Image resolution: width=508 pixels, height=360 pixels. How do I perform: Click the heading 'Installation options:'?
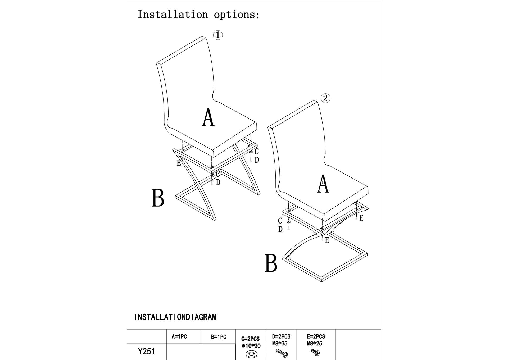198,14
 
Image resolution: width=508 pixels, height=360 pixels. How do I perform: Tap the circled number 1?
218,35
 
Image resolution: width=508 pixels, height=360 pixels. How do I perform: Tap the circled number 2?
325,98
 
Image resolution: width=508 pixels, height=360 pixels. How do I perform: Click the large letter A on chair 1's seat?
208,118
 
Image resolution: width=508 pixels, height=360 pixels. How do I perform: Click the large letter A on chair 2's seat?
323,184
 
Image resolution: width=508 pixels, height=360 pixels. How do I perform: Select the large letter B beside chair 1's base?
158,198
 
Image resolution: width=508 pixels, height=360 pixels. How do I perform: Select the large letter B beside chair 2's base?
271,263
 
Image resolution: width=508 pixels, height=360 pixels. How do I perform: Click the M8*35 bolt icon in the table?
282,353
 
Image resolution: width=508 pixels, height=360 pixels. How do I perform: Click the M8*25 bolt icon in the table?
315,353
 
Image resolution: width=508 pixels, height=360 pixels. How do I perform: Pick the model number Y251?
146,352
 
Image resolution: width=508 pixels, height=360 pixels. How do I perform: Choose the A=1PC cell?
179,337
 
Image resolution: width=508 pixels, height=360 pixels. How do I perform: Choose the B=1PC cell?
219,337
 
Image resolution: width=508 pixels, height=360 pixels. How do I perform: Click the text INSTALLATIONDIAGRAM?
175,317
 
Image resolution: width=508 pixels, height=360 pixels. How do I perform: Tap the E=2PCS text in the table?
316,337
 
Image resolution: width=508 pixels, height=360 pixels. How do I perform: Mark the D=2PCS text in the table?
281,337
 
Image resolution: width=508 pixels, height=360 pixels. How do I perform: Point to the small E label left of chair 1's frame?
179,163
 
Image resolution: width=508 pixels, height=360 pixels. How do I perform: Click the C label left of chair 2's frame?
280,221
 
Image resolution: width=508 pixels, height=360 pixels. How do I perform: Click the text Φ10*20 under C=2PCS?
251,346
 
